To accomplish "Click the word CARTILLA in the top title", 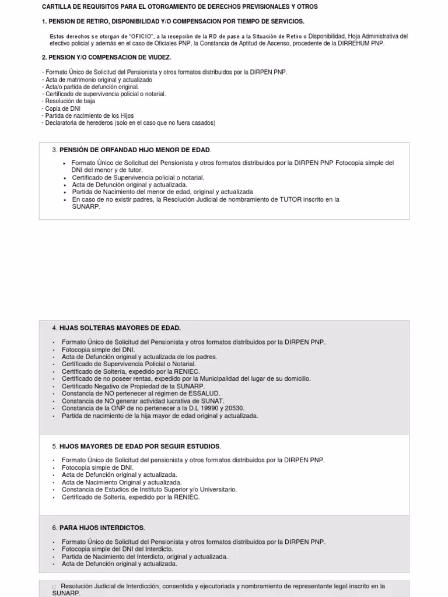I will click(56, 6).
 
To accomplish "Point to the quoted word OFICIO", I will click(138, 36).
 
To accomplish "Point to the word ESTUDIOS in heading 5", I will click(198, 447).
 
